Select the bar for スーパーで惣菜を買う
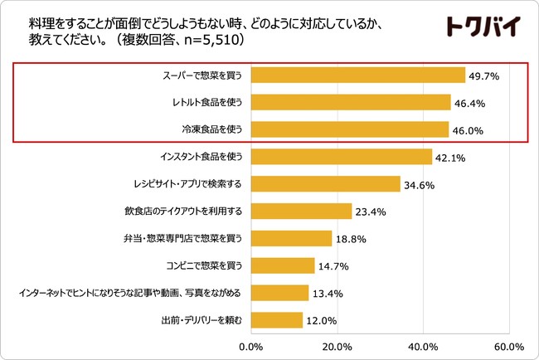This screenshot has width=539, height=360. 357,75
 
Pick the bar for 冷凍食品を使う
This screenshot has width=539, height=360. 349,129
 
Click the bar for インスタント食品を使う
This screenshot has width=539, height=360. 341,157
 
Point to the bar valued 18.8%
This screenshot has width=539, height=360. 291,238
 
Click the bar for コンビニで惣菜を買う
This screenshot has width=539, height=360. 282,265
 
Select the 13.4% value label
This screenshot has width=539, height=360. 328,294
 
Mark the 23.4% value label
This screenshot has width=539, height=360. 371,212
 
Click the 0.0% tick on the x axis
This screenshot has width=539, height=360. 250,346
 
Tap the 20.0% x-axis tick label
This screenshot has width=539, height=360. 337,346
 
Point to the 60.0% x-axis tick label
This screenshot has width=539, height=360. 507,346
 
